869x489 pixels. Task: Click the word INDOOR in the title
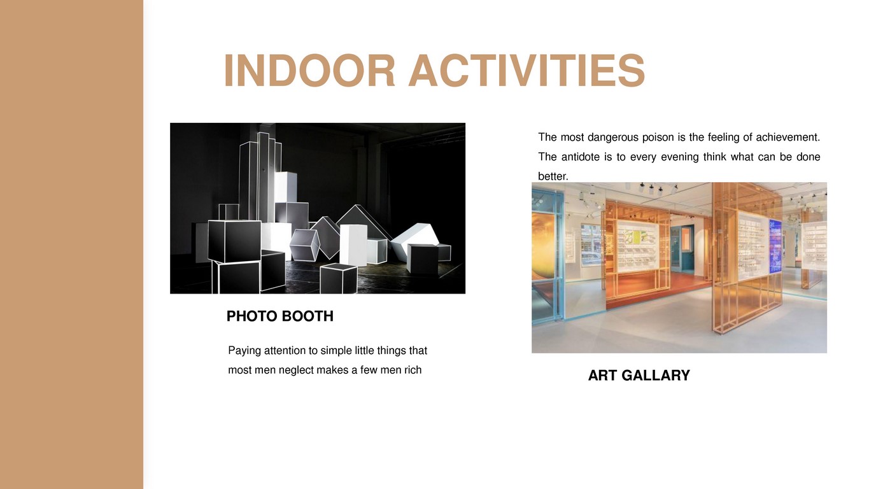[309, 71]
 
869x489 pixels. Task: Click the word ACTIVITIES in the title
[527, 71]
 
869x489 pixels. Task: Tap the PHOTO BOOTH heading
[279, 316]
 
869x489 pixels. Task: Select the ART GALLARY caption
[639, 375]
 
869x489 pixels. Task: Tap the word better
[553, 176]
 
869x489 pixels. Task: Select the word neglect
[296, 370]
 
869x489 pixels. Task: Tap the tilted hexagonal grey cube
[304, 245]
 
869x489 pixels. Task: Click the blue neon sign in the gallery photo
[775, 246]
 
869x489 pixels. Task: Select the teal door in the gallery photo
[685, 248]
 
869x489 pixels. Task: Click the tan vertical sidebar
[71, 244]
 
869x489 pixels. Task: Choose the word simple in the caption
[336, 351]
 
